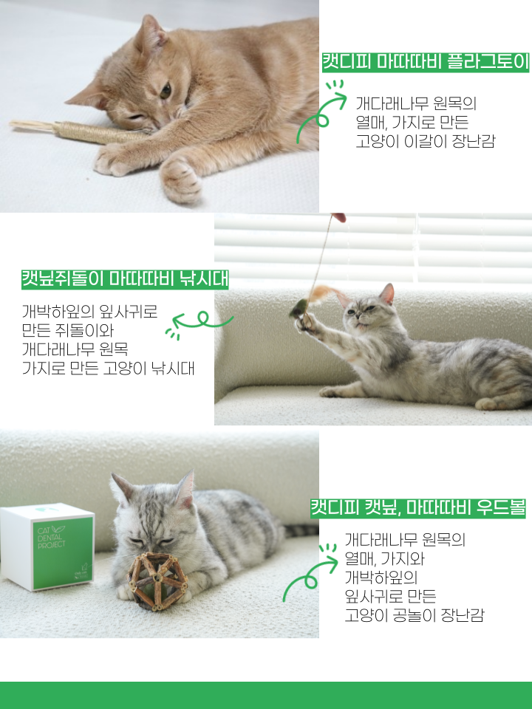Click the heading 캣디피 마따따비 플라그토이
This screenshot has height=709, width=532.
pyautogui.click(x=425, y=62)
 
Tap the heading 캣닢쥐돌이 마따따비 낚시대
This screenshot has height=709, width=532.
pyautogui.click(x=125, y=279)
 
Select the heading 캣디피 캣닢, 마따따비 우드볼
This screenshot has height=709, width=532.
pyautogui.click(x=417, y=508)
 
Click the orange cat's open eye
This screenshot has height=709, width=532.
pyautogui.click(x=166, y=91)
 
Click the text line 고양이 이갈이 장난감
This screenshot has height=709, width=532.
pyautogui.click(x=425, y=141)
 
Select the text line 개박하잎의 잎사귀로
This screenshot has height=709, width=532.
pyautogui.click(x=90, y=310)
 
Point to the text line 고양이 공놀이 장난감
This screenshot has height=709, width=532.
pyautogui.click(x=414, y=615)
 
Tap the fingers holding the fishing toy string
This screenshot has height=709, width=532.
pyautogui.click(x=338, y=217)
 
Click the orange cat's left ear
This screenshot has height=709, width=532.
pyautogui.click(x=151, y=33)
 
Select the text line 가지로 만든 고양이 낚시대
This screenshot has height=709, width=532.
pyautogui.click(x=108, y=368)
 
